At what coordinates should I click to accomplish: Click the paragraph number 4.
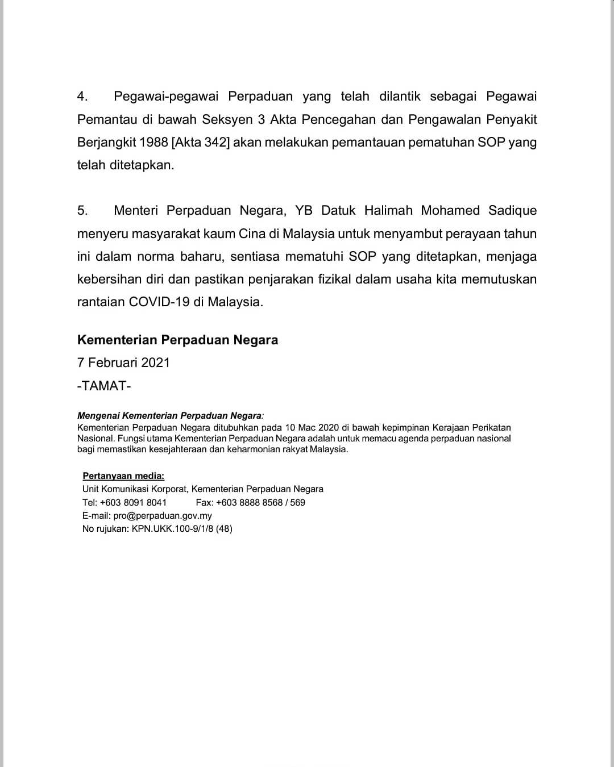[x=82, y=97]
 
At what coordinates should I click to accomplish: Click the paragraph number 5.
[x=82, y=211]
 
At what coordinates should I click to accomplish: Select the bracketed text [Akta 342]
[x=200, y=142]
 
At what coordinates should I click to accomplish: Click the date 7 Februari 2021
[x=123, y=362]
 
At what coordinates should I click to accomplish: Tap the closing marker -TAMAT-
[x=104, y=386]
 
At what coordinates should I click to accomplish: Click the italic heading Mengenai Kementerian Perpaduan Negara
[x=169, y=416]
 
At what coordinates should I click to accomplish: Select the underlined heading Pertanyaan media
[x=123, y=476]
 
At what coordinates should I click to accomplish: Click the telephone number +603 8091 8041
[x=133, y=502]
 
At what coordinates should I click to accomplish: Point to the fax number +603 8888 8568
[x=250, y=502]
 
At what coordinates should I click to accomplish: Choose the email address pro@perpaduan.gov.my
[x=163, y=516]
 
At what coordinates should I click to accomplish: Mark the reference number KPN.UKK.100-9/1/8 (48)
[x=182, y=529]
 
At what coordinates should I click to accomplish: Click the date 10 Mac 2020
[x=312, y=427]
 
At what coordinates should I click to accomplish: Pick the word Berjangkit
[x=106, y=142]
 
